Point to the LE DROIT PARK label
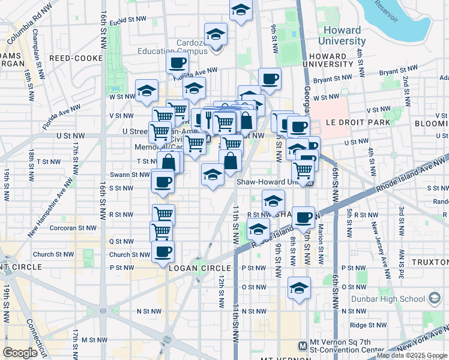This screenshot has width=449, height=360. pyautogui.click(x=358, y=122)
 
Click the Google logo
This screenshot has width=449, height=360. pyautogui.click(x=20, y=353)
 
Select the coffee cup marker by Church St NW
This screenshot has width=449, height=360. pyautogui.click(x=163, y=252)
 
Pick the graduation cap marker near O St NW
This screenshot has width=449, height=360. pyautogui.click(x=299, y=288)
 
